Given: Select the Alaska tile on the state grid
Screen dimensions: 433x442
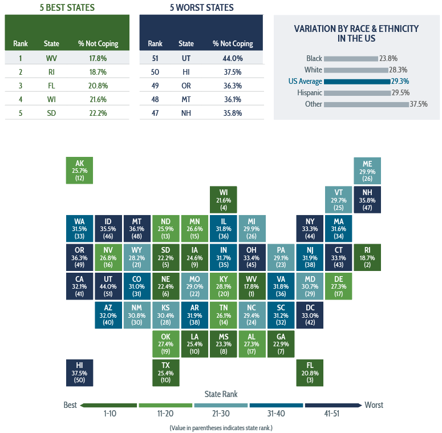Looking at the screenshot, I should (x=80, y=171).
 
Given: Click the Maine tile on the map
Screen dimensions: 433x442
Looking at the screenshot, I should (x=367, y=171).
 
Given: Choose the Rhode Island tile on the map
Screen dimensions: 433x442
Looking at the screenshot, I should (x=367, y=257).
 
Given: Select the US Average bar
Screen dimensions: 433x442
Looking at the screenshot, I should (x=356, y=81).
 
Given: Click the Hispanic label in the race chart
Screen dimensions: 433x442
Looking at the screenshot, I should (x=309, y=92).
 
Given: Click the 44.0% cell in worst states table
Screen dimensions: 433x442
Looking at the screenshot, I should (x=232, y=58).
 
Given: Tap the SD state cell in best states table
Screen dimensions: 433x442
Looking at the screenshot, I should (x=51, y=113).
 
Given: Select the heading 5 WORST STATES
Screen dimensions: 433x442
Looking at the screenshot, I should (x=202, y=8).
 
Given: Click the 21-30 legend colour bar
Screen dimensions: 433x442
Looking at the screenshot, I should (x=221, y=405).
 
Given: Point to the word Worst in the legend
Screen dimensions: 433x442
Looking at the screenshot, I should (x=374, y=405).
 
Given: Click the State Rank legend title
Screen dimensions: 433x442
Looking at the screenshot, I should (x=221, y=394).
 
